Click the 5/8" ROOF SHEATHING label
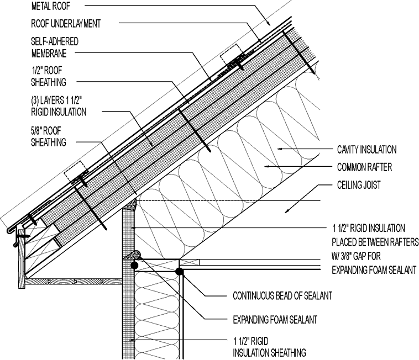pos(49,137)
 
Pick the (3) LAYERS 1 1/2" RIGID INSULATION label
pos(59,107)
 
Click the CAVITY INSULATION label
pos(366,150)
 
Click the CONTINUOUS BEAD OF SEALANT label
pos(282,297)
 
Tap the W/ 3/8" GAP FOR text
pos(361,256)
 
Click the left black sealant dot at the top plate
pos(134,266)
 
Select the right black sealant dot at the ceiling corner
pos(179,271)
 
